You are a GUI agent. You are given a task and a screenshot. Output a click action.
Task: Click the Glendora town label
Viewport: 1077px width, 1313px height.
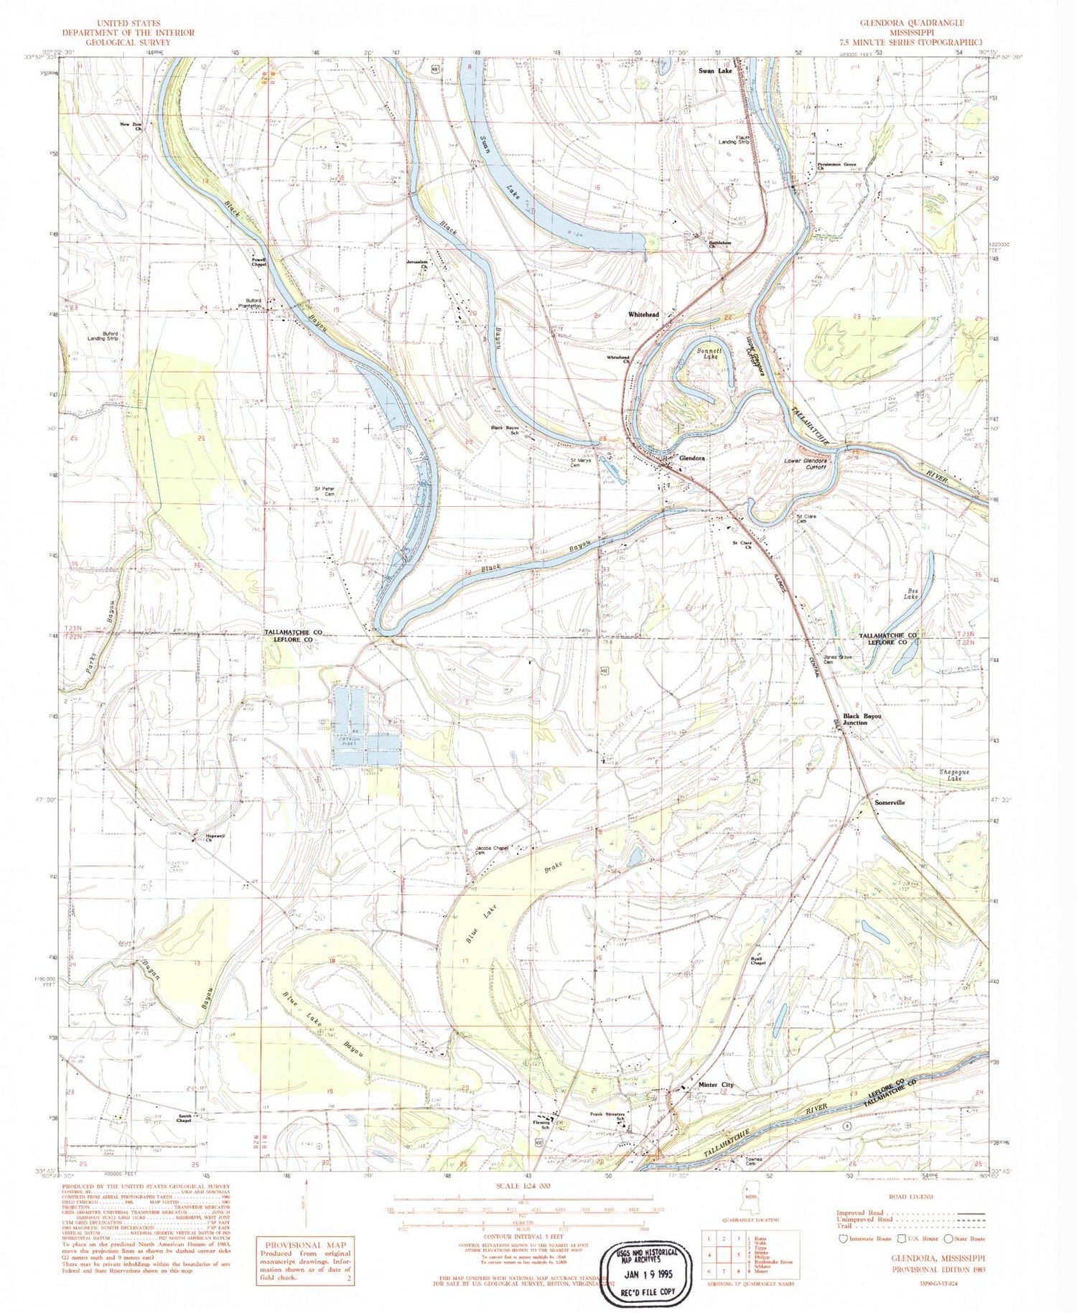click(x=691, y=458)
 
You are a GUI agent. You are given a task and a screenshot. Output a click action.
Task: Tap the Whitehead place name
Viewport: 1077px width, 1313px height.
click(x=643, y=314)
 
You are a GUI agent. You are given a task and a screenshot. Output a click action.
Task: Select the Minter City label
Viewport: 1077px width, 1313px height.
click(x=716, y=1084)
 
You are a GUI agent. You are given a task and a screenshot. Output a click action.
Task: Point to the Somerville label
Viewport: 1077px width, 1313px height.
click(x=889, y=803)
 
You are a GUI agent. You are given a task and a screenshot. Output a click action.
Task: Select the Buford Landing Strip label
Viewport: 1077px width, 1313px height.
click(x=103, y=335)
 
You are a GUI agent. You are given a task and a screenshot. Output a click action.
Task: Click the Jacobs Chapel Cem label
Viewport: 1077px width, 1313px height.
click(x=492, y=850)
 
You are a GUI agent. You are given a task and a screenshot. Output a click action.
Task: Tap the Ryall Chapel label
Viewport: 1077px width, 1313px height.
click(x=757, y=961)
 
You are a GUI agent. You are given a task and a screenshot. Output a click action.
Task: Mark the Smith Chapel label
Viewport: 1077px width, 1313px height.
click(x=184, y=1118)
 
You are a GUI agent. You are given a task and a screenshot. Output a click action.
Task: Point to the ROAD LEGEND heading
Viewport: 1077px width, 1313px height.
click(x=910, y=1196)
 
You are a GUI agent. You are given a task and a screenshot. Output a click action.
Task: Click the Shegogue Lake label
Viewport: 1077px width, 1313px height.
click(x=954, y=775)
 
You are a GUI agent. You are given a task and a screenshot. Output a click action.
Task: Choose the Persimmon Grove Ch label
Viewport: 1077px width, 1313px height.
click(x=836, y=167)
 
